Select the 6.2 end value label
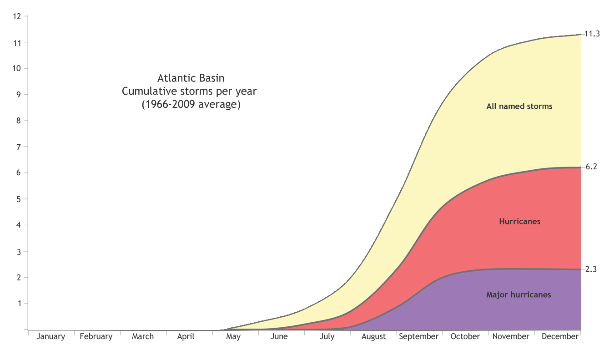click(591, 167)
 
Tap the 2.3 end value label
click(591, 269)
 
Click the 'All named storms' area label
click(519, 106)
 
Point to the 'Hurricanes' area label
click(519, 222)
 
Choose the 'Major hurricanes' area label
click(518, 295)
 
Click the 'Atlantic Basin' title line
click(191, 78)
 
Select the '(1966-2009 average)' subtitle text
click(191, 105)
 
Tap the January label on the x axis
click(50, 337)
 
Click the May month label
click(233, 337)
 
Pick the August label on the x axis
click(373, 337)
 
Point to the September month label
click(419, 337)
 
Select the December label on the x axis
click(560, 337)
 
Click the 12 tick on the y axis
click(17, 16)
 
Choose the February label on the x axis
click(96, 337)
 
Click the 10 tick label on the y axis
click(17, 69)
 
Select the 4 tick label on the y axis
click(19, 225)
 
